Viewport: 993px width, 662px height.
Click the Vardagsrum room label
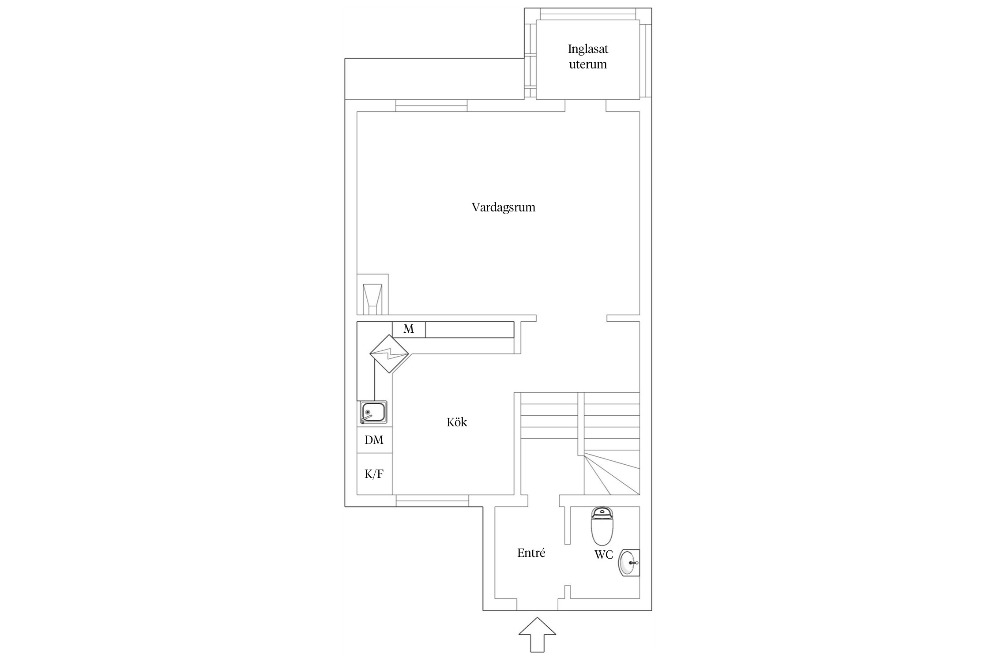coord(503,207)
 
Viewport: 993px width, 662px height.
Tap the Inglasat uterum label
coord(588,56)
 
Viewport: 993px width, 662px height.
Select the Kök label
coord(457,422)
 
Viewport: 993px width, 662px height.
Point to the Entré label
coord(531,553)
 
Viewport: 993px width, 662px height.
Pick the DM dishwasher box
coord(374,440)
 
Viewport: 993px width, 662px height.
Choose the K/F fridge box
coord(374,474)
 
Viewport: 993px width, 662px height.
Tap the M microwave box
coord(409,330)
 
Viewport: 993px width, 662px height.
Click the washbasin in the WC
coord(629,563)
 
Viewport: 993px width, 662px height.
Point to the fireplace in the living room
coord(372,295)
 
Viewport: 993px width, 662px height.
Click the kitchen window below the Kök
coord(432,500)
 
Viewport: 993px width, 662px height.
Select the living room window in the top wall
coord(431,106)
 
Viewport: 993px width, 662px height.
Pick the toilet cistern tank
coord(602,512)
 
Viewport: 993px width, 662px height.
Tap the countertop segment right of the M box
coord(470,330)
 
